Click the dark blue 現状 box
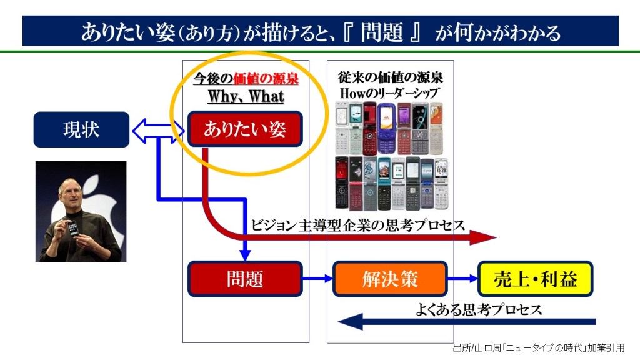pos(81,129)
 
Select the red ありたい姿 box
pos(245,129)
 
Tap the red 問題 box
pos(245,279)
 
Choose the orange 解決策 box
pos(391,279)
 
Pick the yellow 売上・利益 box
pos(535,279)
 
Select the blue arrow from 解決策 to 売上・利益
pos(463,279)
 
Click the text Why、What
pos(246,97)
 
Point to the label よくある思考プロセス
pos(479,309)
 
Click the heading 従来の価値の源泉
pos(391,77)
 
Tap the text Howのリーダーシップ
pos(391,93)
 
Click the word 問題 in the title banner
pos(382,32)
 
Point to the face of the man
pos(71,191)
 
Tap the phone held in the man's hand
pos(73,228)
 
